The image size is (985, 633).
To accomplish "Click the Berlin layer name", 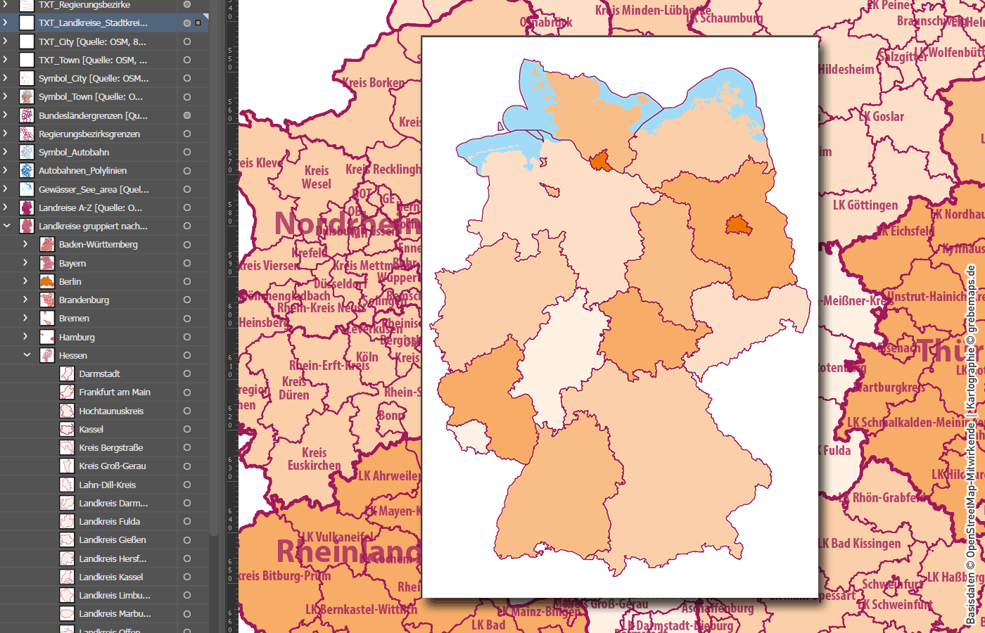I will click(70, 281).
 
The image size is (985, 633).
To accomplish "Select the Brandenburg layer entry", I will click(84, 300).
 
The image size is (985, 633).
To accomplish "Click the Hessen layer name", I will click(73, 355).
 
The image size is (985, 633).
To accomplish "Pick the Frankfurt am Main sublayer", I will click(114, 392).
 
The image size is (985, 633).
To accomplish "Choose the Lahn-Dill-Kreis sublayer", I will click(107, 485).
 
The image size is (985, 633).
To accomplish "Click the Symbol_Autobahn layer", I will click(74, 152).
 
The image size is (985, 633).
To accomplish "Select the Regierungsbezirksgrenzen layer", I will click(89, 134).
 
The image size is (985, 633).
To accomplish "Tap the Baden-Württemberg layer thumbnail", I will click(47, 244).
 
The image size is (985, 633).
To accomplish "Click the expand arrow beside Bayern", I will click(25, 262).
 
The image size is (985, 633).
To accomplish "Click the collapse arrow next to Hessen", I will click(27, 355).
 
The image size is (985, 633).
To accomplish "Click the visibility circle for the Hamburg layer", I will click(187, 337).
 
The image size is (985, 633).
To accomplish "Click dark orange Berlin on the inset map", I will click(738, 226).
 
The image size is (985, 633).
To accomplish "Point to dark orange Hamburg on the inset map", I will click(601, 162).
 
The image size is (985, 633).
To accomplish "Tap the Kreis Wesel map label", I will click(317, 177).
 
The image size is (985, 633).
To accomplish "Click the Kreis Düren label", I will click(294, 388).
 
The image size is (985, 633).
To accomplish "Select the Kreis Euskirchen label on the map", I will click(314, 459).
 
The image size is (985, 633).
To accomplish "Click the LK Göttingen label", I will click(865, 205).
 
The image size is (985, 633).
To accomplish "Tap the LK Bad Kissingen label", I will click(860, 544).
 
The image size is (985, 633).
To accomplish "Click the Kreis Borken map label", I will click(374, 83).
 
